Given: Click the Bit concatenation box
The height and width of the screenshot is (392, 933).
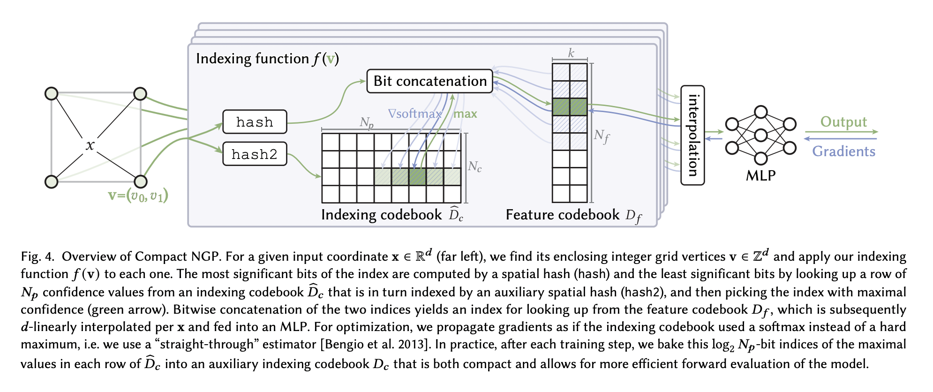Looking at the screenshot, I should [429, 81].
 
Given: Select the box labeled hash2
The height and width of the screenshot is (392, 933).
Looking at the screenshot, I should [255, 154].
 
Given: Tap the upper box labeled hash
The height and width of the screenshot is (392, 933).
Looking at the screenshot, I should [255, 122].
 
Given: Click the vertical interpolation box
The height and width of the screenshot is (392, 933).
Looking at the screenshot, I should [692, 135].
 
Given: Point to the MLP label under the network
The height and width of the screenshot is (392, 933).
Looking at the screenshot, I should [760, 175].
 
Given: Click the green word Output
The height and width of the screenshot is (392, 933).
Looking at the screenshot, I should [843, 122].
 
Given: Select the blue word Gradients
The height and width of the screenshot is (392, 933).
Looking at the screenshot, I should [843, 151].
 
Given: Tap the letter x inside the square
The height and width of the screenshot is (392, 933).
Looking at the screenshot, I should [90, 145].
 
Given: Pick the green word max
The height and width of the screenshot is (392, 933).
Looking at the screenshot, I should [465, 114].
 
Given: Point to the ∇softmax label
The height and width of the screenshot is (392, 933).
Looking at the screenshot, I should [415, 114].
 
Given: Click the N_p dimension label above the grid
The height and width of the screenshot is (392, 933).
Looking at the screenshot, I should [367, 123].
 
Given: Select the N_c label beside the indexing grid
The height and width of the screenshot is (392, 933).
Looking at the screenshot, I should [474, 166].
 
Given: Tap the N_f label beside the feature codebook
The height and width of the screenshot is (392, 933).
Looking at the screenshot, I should [602, 136].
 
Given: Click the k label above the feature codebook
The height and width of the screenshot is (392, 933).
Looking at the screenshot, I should [571, 53].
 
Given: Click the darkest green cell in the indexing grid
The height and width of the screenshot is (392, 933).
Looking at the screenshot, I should [417, 177].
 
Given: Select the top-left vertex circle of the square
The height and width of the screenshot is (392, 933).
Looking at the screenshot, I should [52, 94].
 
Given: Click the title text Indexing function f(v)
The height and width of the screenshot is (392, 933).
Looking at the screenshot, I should [267, 59].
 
